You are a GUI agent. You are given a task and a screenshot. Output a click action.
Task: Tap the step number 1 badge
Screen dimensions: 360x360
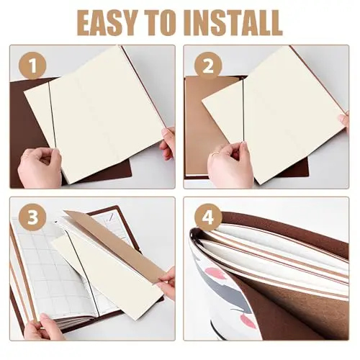click(x=32, y=66)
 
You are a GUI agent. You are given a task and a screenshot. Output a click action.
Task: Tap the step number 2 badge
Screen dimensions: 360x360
click(x=208, y=66)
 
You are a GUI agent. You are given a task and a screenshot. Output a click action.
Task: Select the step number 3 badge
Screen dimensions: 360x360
click(x=32, y=217)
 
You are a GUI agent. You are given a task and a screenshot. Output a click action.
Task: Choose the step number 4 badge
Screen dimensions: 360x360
click(x=208, y=217)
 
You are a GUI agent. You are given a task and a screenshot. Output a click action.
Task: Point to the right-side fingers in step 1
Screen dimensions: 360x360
click(x=168, y=143)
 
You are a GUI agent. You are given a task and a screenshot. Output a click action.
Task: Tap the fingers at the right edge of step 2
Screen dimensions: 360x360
click(x=343, y=122)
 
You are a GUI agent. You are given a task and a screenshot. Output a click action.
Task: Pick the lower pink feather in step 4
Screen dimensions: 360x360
click(x=248, y=320)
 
